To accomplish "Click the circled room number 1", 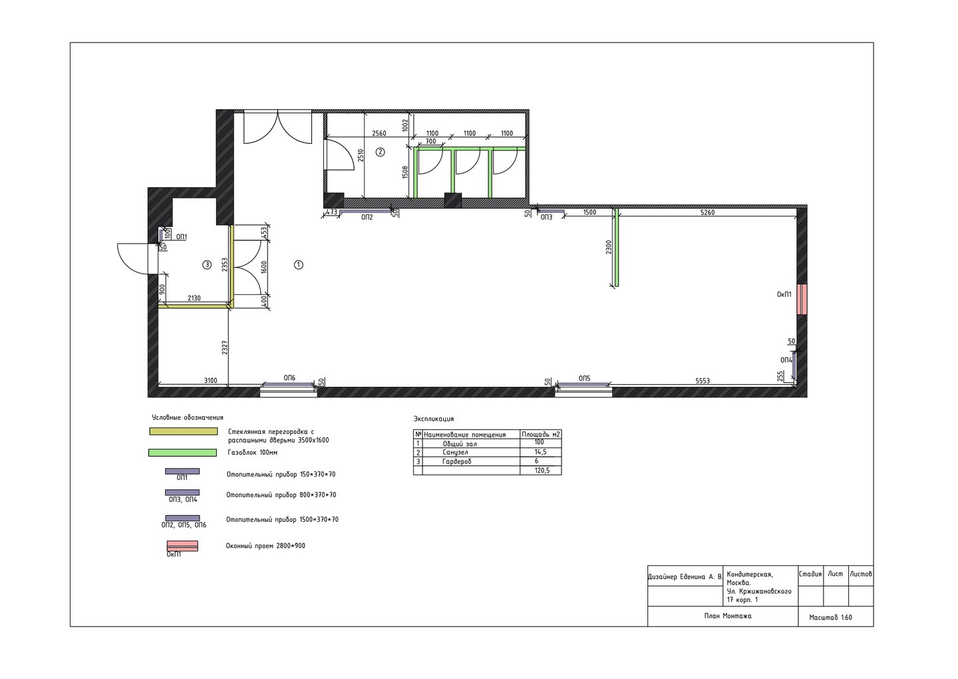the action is click(299, 265).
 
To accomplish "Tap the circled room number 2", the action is click(380, 152).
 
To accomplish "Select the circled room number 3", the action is click(207, 265).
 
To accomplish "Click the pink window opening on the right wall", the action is click(802, 300).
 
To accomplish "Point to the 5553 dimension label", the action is click(703, 381).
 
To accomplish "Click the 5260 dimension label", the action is click(707, 212).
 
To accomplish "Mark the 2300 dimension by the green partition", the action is click(609, 247).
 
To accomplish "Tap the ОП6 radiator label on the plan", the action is click(289, 378).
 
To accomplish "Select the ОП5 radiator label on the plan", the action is click(584, 378).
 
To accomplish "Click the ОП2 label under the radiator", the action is click(367, 218).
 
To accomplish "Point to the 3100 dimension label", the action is click(210, 380).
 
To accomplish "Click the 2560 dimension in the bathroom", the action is click(379, 133).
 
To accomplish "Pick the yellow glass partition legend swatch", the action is click(184, 431).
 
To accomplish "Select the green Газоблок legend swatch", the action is click(182, 453).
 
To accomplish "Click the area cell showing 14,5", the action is click(541, 452).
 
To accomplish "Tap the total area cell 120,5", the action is click(542, 471).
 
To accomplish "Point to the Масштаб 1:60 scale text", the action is click(830, 617).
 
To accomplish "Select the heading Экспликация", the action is click(434, 419).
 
